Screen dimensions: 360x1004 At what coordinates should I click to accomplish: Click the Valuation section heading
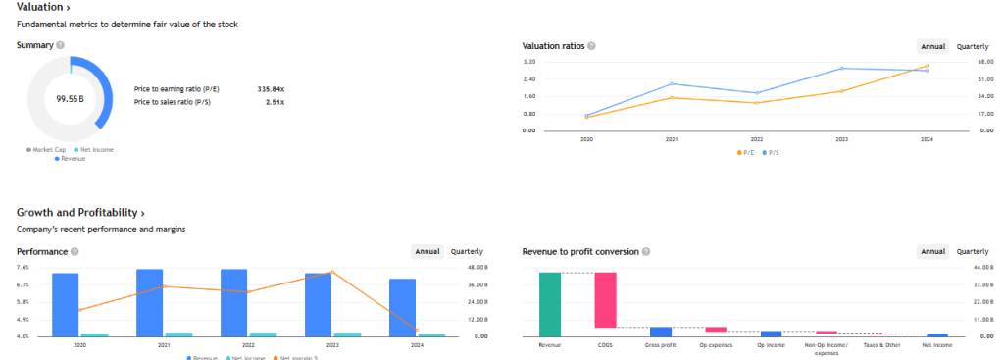coord(43,8)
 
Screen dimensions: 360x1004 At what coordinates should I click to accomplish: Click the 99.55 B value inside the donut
coord(70,99)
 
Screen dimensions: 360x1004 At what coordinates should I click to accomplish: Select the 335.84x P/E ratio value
coord(270,88)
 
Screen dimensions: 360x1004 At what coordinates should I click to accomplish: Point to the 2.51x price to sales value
coord(275,101)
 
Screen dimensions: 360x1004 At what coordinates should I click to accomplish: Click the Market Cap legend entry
coord(46,149)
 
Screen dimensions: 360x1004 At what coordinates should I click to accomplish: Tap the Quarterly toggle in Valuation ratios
coord(972,46)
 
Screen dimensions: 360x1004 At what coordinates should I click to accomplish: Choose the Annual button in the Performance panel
coord(427,252)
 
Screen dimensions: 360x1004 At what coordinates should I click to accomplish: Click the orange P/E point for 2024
coord(926,67)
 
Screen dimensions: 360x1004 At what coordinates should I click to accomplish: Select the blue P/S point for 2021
coord(672,84)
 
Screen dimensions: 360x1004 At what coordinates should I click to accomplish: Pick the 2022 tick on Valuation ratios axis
coord(756,140)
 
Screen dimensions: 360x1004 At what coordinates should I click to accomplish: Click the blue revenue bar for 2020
coord(65,304)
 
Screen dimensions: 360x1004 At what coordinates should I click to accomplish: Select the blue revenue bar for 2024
coord(403,307)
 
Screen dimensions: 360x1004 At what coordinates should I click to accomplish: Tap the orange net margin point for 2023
coord(332,272)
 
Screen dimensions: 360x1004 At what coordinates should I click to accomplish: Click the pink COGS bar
coord(605,299)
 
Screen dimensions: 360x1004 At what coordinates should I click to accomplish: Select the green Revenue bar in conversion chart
coord(549,304)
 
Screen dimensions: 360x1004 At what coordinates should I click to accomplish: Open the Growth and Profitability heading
coord(80,212)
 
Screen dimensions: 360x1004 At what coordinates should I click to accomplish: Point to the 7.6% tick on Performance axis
coord(23,267)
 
